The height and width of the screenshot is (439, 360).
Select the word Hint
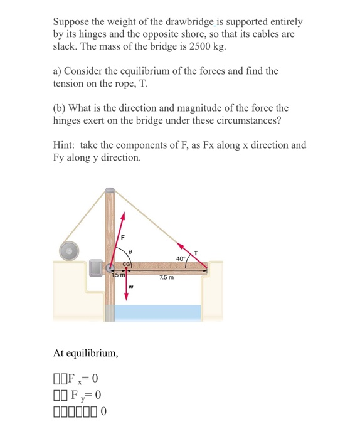click(x=65, y=145)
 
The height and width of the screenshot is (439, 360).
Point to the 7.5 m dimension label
click(x=167, y=278)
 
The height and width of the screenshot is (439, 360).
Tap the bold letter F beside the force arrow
click(x=123, y=238)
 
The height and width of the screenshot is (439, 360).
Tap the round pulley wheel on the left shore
click(x=68, y=250)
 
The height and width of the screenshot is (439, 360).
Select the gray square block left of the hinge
click(x=95, y=268)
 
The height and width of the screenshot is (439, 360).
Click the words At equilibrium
click(x=86, y=353)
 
